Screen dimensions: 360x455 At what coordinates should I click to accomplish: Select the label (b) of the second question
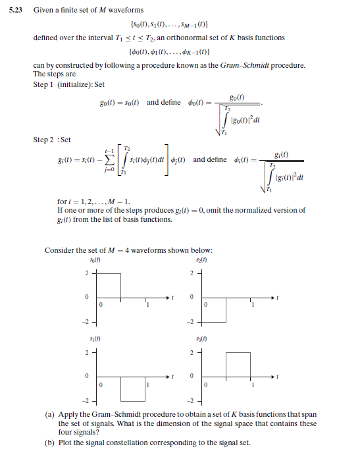(x=49, y=442)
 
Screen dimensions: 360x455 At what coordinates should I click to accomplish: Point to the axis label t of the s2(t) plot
(x=277, y=298)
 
